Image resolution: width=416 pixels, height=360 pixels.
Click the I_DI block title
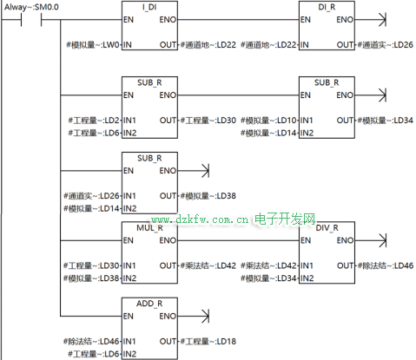(149, 7)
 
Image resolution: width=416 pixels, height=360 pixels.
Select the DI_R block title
(327, 7)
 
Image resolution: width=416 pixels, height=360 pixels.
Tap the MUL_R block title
(149, 228)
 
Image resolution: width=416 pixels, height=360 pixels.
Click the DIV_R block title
(327, 228)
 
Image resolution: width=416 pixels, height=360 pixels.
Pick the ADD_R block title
(149, 304)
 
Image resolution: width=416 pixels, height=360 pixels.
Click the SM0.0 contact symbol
(31, 20)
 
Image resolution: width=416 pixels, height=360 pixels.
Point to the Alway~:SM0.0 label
(31, 7)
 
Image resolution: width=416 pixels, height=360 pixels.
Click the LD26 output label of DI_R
(386, 45)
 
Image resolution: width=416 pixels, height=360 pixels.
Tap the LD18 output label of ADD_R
(208, 342)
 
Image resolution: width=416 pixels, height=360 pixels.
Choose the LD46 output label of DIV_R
(386, 265)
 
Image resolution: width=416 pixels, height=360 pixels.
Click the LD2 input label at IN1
(94, 121)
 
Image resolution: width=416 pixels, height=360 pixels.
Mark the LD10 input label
(268, 121)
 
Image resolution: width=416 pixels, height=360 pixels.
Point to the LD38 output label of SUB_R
(208, 196)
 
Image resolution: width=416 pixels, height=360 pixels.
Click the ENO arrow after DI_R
(371, 20)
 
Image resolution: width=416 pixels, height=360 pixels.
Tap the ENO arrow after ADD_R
(194, 316)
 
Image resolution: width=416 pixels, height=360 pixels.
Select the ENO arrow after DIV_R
(371, 240)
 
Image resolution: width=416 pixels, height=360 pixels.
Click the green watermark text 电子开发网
(285, 219)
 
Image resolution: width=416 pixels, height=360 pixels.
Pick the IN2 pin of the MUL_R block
(129, 278)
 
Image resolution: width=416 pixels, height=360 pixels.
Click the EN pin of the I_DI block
(129, 20)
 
